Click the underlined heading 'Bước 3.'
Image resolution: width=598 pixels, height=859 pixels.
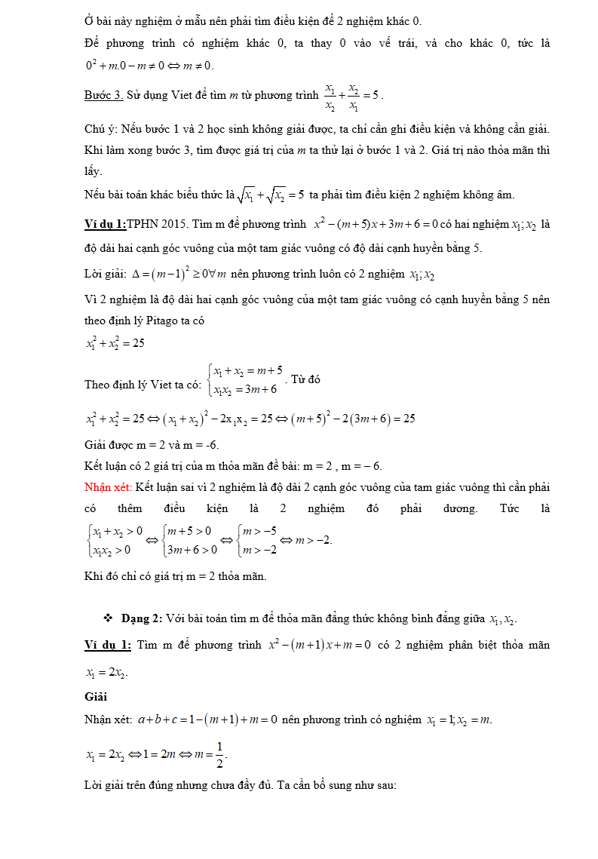(x=104, y=96)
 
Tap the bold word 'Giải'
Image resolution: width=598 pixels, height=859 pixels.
(x=95, y=697)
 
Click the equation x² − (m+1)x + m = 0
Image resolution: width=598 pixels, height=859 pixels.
(x=320, y=646)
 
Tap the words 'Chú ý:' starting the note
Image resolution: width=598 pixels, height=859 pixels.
(x=101, y=129)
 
